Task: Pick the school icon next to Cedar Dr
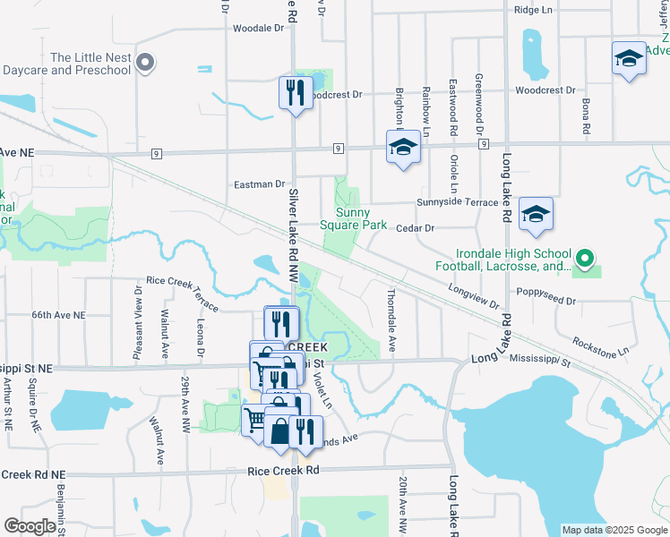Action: [x=536, y=214]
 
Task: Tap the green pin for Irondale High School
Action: [x=585, y=260]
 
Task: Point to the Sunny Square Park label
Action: [x=361, y=219]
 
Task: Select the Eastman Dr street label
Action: [x=259, y=184]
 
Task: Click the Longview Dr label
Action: [x=474, y=297]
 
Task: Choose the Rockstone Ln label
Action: [x=599, y=343]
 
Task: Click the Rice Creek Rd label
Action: [x=284, y=470]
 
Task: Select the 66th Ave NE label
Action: [x=58, y=316]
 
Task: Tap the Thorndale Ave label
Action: [x=391, y=319]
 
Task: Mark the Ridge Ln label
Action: [x=534, y=11]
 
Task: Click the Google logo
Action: [x=30, y=526]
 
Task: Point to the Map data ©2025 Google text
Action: [x=614, y=530]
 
